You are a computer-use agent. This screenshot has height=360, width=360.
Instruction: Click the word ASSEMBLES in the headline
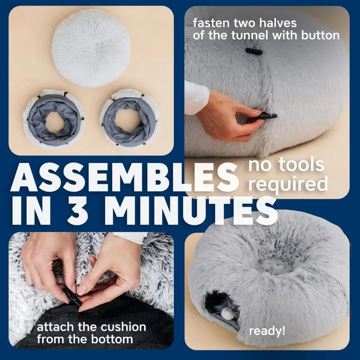[x=124, y=178]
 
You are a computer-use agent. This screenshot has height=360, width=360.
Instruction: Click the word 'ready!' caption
[x=267, y=331]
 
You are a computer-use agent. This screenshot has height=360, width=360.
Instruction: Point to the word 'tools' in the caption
[x=302, y=165]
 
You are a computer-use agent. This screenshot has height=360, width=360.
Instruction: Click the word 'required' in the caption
[x=288, y=184]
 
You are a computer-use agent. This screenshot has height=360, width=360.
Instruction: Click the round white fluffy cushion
[x=91, y=48]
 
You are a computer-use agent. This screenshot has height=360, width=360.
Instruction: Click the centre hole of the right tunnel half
[x=125, y=120]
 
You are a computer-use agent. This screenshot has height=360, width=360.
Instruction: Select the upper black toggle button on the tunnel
[x=254, y=51]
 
